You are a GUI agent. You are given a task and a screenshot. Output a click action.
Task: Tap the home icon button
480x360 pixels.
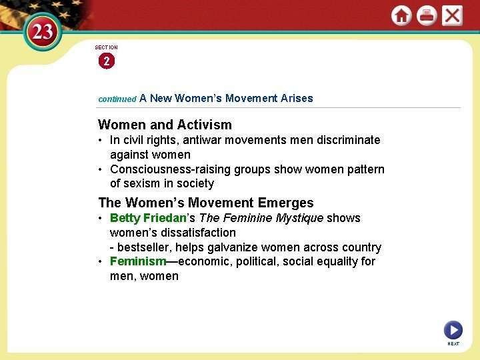pos(401,15)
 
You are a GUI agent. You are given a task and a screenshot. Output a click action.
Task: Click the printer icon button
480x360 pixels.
pos(427,15)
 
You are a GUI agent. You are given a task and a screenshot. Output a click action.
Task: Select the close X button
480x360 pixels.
pos(452,15)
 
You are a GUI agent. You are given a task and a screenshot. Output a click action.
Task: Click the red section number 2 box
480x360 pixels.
pos(106,61)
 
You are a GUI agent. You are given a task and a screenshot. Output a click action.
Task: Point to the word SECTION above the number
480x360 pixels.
pos(106,47)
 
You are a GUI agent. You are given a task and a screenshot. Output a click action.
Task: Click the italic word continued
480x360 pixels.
pos(117,99)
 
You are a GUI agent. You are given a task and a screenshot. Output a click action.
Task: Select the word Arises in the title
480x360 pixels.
pos(297,98)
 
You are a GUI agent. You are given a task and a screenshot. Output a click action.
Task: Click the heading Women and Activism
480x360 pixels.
pos(165,125)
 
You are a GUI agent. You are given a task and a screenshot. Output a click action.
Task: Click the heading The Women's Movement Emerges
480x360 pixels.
pos(205,203)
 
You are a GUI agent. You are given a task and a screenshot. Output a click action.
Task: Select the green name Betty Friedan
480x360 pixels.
pos(147,218)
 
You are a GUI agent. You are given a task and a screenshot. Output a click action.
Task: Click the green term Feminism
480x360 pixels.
pos(138,261)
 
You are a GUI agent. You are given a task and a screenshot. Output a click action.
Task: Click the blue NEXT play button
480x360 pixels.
pos(453,330)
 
